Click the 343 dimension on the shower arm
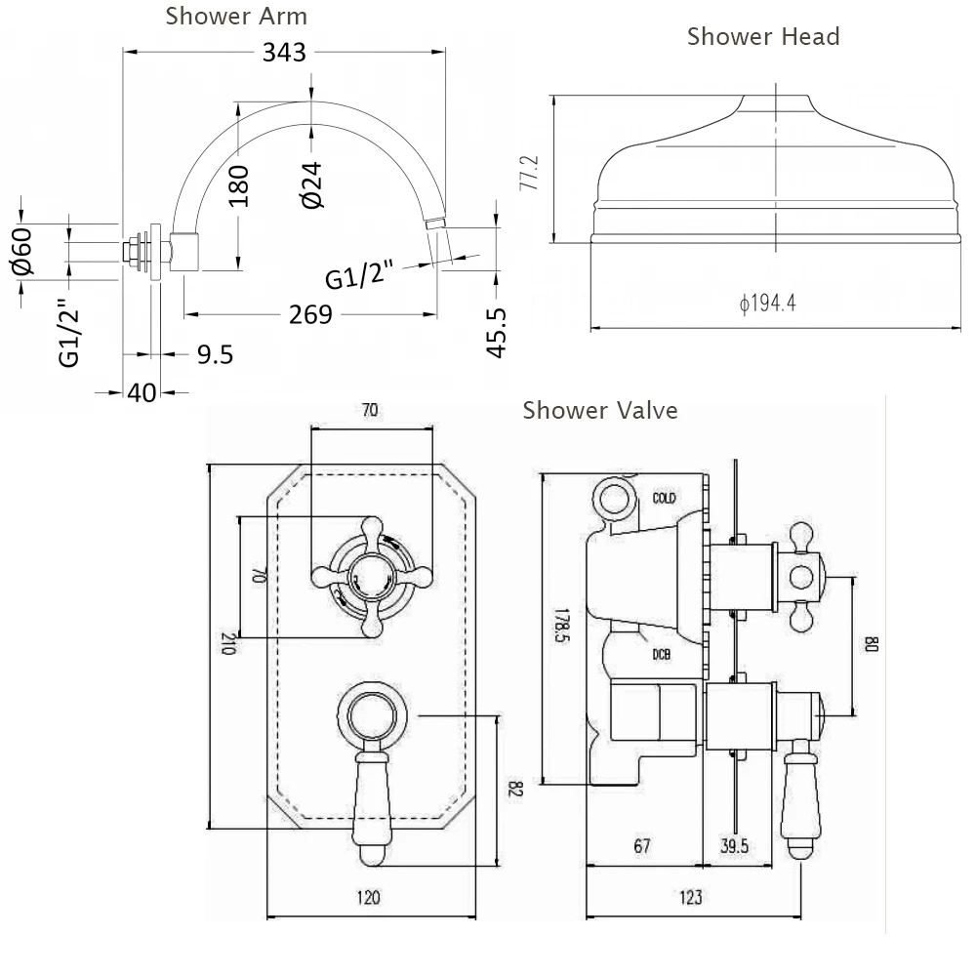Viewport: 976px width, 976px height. (284, 52)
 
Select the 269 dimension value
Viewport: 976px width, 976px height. (310, 314)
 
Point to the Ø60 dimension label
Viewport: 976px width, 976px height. (23, 251)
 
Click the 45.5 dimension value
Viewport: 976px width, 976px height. (497, 332)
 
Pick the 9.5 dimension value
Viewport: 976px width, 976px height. (215, 354)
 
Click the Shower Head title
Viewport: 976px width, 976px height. (762, 37)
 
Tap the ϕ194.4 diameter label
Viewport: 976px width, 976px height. (768, 304)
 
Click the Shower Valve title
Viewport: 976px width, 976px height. (599, 410)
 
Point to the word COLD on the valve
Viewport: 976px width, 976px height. (664, 498)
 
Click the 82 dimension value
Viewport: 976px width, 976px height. (516, 789)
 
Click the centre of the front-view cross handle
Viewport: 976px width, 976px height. (370, 576)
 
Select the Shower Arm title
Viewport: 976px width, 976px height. (236, 16)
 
